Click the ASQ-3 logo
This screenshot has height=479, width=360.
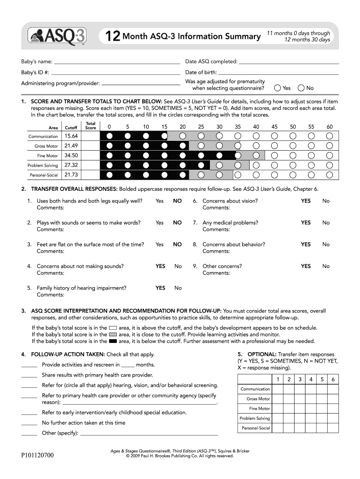[56, 36]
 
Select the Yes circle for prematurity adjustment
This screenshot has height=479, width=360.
[278, 88]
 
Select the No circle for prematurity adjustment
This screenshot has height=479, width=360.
[301, 88]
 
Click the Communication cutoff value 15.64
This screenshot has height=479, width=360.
[71, 136]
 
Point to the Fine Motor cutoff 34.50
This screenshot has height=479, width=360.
[71, 155]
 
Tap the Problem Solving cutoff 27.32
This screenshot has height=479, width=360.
[71, 165]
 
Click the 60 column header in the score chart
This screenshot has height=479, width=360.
[330, 127]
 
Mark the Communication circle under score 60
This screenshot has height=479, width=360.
[330, 136]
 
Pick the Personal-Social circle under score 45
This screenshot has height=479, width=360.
[274, 175]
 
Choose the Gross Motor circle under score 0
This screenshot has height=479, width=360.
[109, 146]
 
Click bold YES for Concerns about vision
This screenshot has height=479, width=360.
[306, 201]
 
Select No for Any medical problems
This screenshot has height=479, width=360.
[326, 223]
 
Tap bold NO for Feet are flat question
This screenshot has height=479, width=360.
[177, 244]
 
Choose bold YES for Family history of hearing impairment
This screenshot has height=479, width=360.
[160, 288]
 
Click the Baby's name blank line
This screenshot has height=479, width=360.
[117, 62]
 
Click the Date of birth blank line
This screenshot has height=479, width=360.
[278, 73]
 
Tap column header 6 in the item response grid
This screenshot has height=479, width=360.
[332, 379]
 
